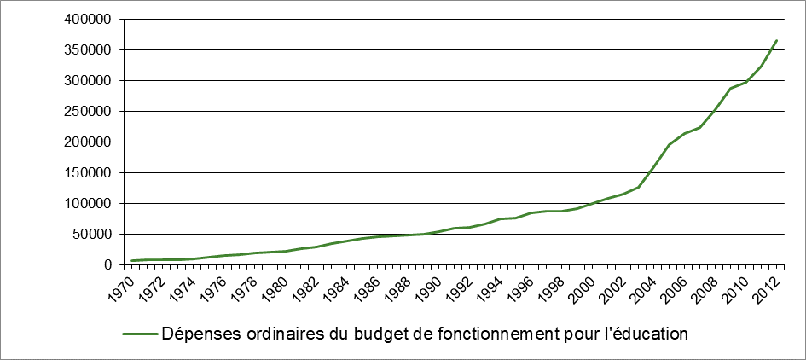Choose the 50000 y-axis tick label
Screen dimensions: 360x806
coord(95,235)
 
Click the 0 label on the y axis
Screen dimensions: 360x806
coord(110,265)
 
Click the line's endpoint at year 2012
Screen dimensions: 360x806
coord(777,40)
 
